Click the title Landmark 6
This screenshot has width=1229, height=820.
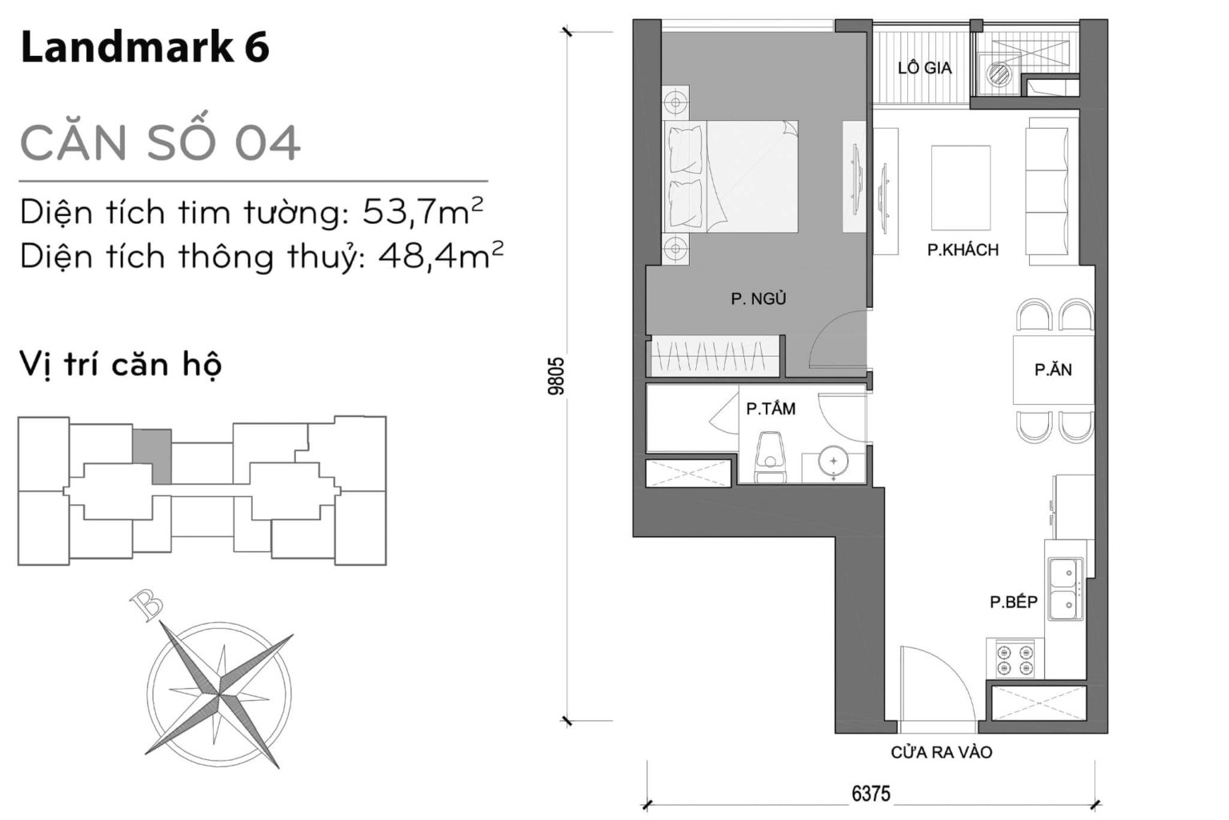coord(145,49)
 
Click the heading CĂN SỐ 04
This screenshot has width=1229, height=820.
coord(160,142)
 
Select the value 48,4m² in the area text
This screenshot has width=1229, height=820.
coord(441,256)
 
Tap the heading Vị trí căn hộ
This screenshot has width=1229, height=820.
coord(120,365)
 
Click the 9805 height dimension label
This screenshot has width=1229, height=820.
coord(557,375)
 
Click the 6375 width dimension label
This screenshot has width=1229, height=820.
coord(871,794)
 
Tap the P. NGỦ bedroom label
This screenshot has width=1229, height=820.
coord(759,299)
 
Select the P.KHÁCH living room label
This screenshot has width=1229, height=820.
coord(963,250)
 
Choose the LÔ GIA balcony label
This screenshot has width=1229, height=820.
coord(924,69)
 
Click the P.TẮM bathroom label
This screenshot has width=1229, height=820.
coord(771,409)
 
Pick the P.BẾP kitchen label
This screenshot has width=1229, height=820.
coord(1013,602)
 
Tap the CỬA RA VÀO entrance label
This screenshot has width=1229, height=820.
coord(941,753)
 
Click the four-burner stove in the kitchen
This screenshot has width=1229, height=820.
coord(1015,659)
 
